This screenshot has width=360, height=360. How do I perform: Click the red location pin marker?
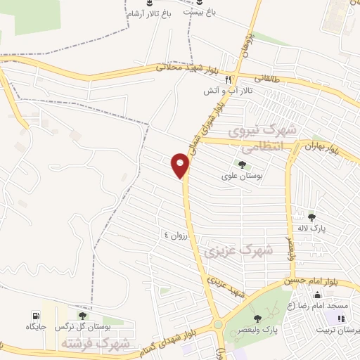coord(181,166)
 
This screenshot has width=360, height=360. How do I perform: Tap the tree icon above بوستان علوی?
coord(242,165)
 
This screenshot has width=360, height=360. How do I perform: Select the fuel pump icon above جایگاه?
coord(34,316)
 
